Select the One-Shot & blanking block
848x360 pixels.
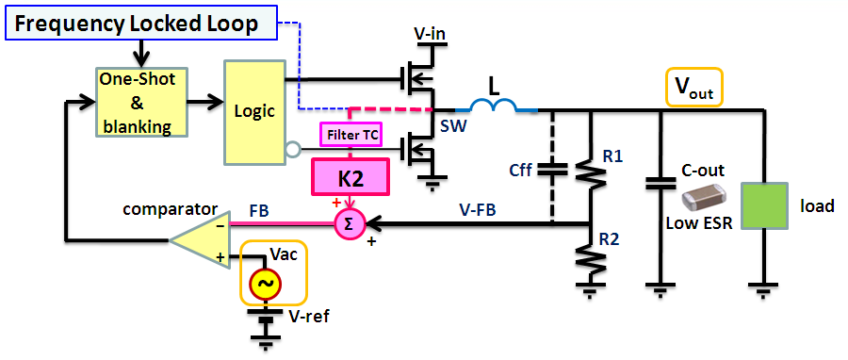[139, 103]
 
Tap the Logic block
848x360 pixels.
[253, 111]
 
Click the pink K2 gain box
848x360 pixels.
[351, 175]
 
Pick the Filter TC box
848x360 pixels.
[350, 136]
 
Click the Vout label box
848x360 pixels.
[693, 88]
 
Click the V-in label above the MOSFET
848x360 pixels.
[431, 34]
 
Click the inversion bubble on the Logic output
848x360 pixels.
[292, 147]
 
